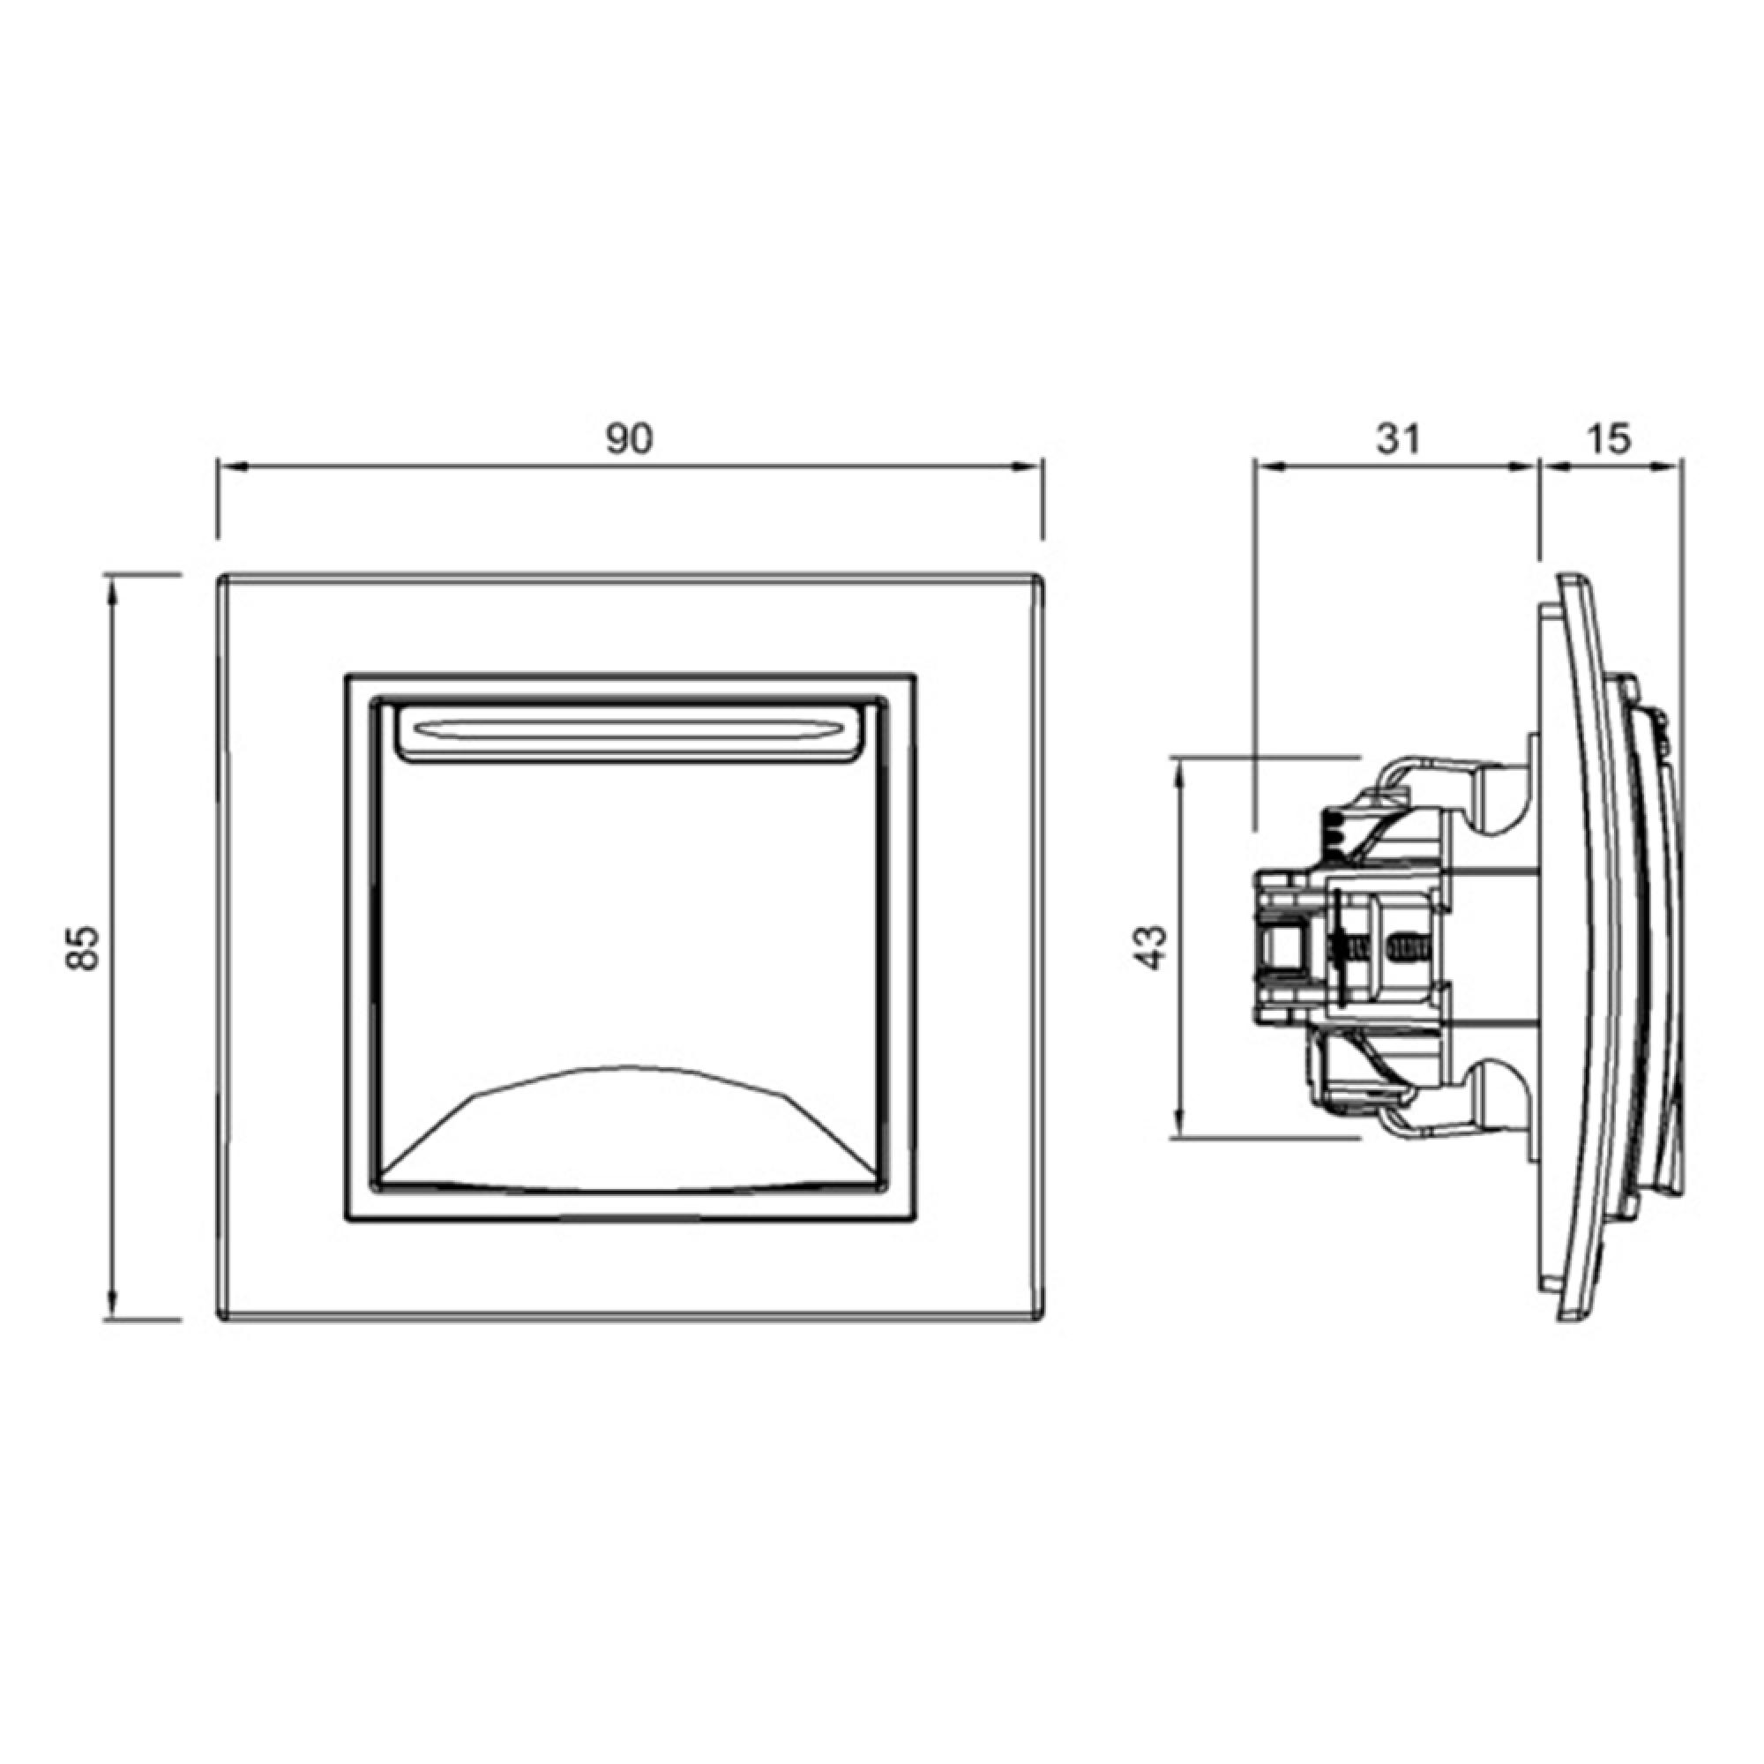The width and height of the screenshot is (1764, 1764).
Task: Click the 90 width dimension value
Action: tap(630, 439)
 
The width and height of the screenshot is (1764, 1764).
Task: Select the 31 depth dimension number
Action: tap(1398, 439)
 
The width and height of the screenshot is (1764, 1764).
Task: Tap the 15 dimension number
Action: tap(1608, 439)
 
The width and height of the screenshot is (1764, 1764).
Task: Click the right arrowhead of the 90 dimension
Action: tap(1030, 467)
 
